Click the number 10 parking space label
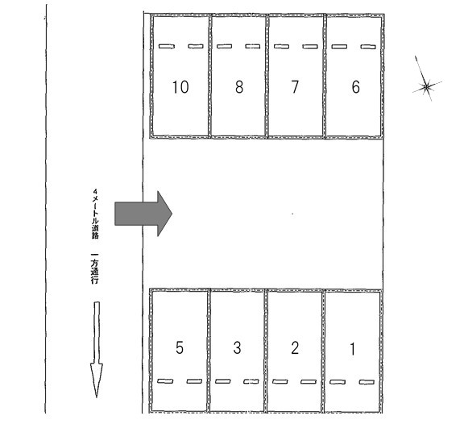(x=180, y=87)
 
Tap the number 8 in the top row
(x=239, y=87)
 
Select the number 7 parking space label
(x=295, y=87)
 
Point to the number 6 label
(x=356, y=87)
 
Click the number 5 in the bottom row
(x=180, y=347)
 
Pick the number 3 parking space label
(x=237, y=347)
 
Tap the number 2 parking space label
(x=295, y=348)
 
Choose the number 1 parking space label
(x=353, y=349)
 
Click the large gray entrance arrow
(x=143, y=214)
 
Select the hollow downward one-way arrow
(x=97, y=349)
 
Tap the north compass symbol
(x=426, y=86)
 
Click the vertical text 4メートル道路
(x=95, y=214)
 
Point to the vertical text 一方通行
(x=95, y=268)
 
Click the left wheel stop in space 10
(x=167, y=46)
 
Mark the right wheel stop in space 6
(x=368, y=47)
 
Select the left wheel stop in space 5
(x=165, y=381)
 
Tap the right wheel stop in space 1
(x=367, y=382)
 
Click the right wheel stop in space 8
(x=253, y=46)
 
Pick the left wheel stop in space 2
(x=280, y=381)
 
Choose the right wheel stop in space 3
(x=251, y=381)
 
